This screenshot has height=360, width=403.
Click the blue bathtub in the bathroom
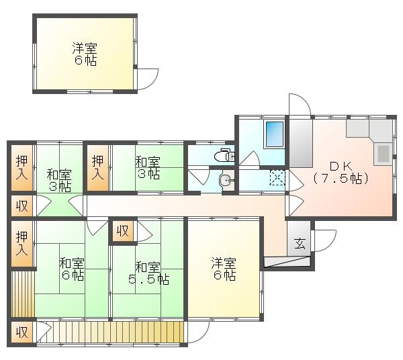point(275,134)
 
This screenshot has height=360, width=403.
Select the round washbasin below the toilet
point(226,180)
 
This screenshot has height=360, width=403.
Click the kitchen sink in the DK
point(384,154)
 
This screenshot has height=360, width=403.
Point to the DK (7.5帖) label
point(341,173)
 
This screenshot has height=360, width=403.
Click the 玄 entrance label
point(300,243)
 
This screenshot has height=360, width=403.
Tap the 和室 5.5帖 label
point(149,273)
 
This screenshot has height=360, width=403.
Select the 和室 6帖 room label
point(72,269)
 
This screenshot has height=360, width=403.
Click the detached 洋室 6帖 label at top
point(85,54)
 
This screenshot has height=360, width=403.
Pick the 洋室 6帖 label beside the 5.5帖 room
point(224,269)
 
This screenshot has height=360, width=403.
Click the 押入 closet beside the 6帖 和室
point(22,244)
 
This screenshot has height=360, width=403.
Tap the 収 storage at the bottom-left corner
point(22,332)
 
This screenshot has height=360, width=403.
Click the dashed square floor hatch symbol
point(277,177)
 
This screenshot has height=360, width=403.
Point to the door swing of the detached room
point(148,79)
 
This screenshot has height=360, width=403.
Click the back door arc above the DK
point(300,104)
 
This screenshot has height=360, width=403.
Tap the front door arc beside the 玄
point(324,240)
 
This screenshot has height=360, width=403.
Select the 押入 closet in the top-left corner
point(22,168)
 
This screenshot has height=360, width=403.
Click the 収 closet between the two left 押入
point(22,206)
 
